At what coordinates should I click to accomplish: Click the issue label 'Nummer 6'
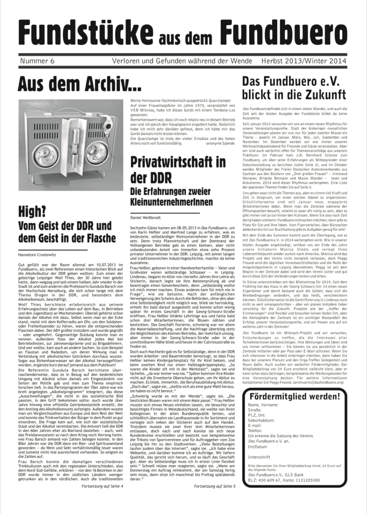(x=37, y=61)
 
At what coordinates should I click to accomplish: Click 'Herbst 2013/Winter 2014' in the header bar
(x=304, y=61)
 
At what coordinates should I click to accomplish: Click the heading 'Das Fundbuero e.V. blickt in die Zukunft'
(x=294, y=88)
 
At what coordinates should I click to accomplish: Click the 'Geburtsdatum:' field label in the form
(x=262, y=420)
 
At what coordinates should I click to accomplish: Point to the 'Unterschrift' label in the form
(x=259, y=457)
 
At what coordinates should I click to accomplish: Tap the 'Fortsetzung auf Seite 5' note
(x=215, y=486)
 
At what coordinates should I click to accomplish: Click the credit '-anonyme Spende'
(x=220, y=144)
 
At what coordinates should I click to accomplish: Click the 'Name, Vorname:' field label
(x=263, y=405)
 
